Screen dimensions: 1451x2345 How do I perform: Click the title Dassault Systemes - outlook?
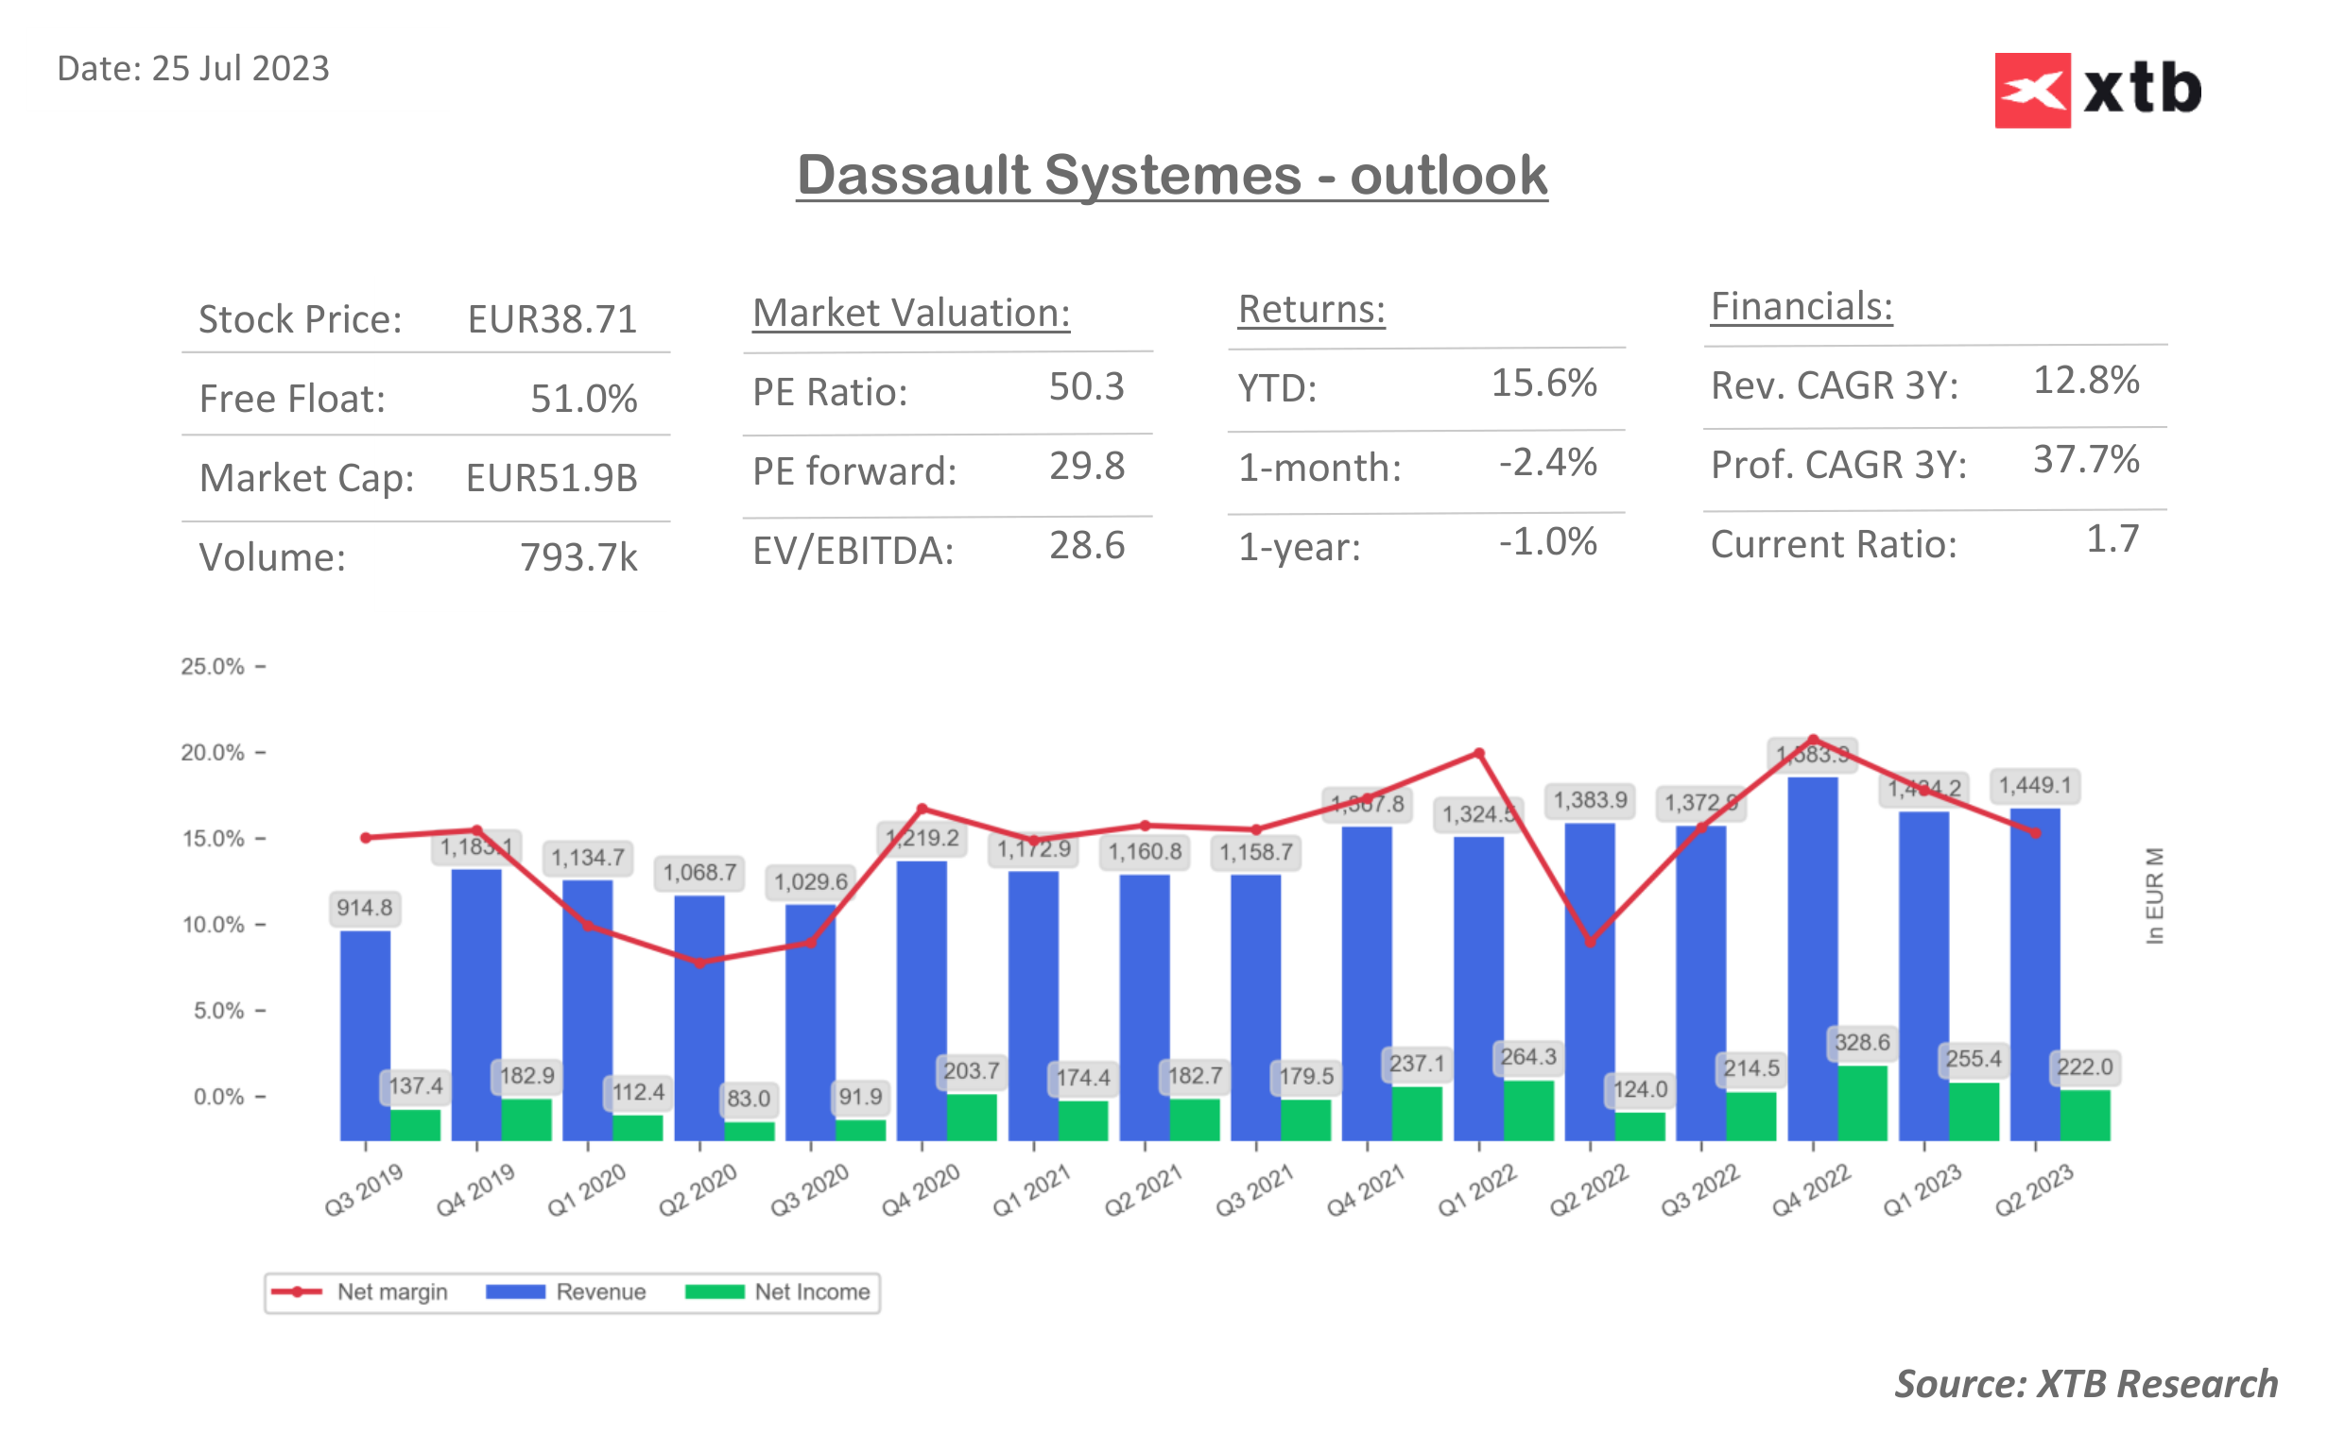(1171, 176)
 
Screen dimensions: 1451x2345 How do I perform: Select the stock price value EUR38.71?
(552, 319)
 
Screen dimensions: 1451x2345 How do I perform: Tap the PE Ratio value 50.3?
(1086, 386)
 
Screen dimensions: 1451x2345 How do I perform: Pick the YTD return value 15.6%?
(1543, 383)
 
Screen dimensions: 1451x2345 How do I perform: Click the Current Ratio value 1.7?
(2112, 539)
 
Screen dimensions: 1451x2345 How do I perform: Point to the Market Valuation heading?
(910, 314)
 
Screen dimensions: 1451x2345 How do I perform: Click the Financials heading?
(1801, 307)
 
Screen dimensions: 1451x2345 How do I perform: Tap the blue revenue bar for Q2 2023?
(2034, 973)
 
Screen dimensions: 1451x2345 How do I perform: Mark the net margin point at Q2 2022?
(1590, 943)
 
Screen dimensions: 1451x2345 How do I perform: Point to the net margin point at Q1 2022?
(1479, 754)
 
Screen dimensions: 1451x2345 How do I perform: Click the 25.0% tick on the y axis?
(213, 666)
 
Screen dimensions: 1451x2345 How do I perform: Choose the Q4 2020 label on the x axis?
(921, 1190)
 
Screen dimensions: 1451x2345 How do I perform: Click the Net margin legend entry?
(359, 1291)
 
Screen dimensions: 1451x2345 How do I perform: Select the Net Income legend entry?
(779, 1291)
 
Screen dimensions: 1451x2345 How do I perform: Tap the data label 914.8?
(364, 908)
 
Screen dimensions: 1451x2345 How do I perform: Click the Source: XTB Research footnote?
(2085, 1384)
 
